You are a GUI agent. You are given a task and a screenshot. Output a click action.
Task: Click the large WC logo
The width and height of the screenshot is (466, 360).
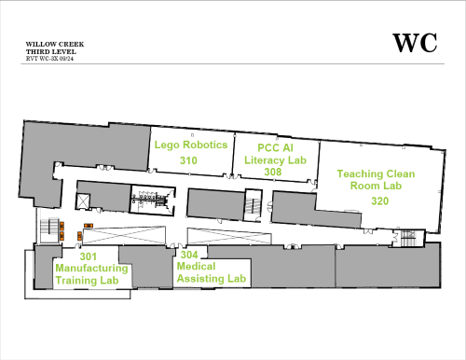(415, 43)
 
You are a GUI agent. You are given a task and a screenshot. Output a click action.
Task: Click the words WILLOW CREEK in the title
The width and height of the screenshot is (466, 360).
(55, 45)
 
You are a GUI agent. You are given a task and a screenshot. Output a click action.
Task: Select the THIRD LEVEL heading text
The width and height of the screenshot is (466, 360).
(51, 51)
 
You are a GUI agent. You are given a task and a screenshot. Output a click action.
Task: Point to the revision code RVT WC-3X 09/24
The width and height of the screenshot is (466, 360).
(49, 59)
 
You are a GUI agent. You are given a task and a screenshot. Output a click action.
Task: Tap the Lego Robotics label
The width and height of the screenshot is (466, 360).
(191, 145)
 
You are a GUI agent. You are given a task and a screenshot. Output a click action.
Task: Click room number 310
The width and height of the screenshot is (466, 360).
(188, 160)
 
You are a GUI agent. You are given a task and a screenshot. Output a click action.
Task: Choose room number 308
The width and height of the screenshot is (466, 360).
(273, 172)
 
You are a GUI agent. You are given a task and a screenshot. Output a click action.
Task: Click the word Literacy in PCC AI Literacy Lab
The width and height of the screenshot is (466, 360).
(264, 160)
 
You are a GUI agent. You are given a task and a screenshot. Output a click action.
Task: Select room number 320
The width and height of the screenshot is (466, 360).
(379, 201)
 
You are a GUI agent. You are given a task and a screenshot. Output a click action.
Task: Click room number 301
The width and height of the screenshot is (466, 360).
(89, 256)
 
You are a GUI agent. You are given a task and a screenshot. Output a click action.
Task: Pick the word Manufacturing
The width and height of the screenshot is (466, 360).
(91, 269)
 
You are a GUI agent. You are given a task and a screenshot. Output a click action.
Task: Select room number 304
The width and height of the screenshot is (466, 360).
(189, 255)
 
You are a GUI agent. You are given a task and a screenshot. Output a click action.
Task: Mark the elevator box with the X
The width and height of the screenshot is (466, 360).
(83, 201)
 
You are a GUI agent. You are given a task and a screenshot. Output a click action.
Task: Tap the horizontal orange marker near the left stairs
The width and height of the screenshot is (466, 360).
(89, 226)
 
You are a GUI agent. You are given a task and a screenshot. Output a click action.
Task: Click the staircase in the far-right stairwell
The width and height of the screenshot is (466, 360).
(408, 238)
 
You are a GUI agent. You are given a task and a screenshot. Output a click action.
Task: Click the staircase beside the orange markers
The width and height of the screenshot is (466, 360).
(49, 230)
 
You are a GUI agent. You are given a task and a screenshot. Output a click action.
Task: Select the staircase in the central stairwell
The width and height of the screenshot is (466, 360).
(254, 205)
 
